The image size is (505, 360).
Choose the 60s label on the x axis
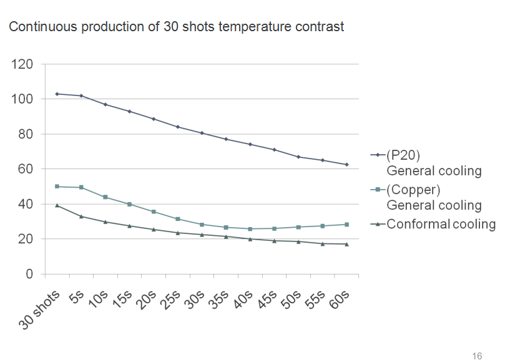click(339, 298)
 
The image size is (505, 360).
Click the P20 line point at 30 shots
click(57, 94)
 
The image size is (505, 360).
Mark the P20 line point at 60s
click(347, 165)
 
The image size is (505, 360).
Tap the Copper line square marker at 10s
click(105, 197)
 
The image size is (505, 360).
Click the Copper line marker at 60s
click(347, 225)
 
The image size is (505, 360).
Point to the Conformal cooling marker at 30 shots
click(57, 205)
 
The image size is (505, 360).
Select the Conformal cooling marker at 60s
click(347, 244)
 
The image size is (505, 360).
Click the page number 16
click(478, 356)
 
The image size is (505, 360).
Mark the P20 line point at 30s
click(202, 133)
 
